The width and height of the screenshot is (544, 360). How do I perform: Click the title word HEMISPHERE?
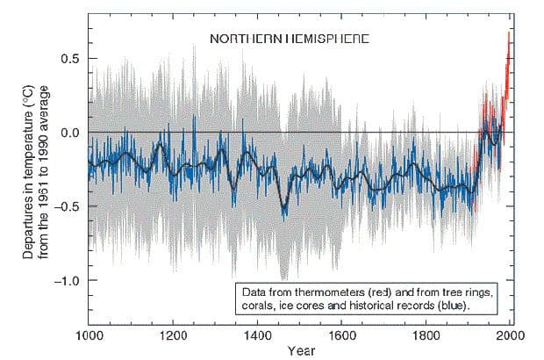313,40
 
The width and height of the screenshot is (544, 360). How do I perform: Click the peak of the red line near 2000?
509,32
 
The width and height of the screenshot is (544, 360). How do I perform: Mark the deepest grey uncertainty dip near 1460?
283,278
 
